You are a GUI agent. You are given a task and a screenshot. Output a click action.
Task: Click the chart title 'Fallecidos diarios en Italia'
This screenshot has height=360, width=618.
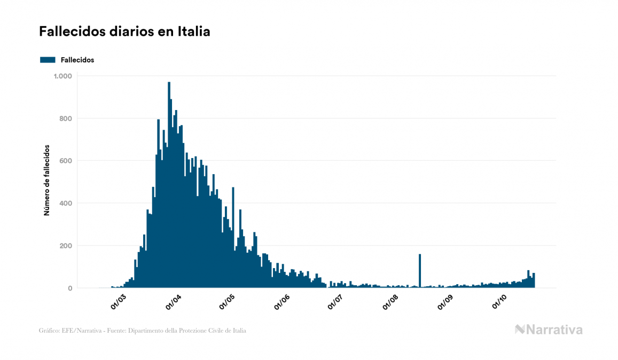(x=124, y=32)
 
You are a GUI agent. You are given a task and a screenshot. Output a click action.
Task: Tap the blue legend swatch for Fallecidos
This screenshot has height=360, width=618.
(x=48, y=60)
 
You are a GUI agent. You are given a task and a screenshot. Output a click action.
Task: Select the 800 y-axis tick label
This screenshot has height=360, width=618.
(x=65, y=119)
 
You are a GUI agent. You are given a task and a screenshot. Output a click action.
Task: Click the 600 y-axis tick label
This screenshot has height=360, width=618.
(x=65, y=161)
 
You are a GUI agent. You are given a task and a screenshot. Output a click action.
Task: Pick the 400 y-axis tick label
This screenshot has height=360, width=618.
(x=65, y=204)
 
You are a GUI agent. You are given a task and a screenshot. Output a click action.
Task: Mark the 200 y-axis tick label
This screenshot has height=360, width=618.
(x=65, y=246)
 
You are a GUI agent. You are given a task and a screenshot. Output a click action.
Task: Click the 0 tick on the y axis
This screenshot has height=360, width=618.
(x=69, y=288)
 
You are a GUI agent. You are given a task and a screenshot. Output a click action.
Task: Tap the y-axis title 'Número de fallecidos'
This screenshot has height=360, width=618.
(x=46, y=180)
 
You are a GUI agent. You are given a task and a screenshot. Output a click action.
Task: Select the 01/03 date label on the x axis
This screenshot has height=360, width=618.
(x=118, y=302)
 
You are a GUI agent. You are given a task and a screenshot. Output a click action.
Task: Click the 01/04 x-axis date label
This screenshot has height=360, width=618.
(x=174, y=302)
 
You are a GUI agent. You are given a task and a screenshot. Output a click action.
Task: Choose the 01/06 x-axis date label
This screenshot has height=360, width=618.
(x=282, y=302)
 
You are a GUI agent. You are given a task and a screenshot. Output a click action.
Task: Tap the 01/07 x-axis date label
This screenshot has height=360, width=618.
(x=335, y=302)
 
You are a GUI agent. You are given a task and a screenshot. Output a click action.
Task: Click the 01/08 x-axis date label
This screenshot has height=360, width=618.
(x=390, y=302)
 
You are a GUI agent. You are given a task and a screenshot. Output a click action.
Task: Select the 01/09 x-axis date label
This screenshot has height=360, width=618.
(x=445, y=302)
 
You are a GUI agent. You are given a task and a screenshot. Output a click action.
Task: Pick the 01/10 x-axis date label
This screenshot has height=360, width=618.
(x=499, y=302)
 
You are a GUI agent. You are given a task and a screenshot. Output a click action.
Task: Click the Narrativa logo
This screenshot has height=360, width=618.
(x=549, y=330)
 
